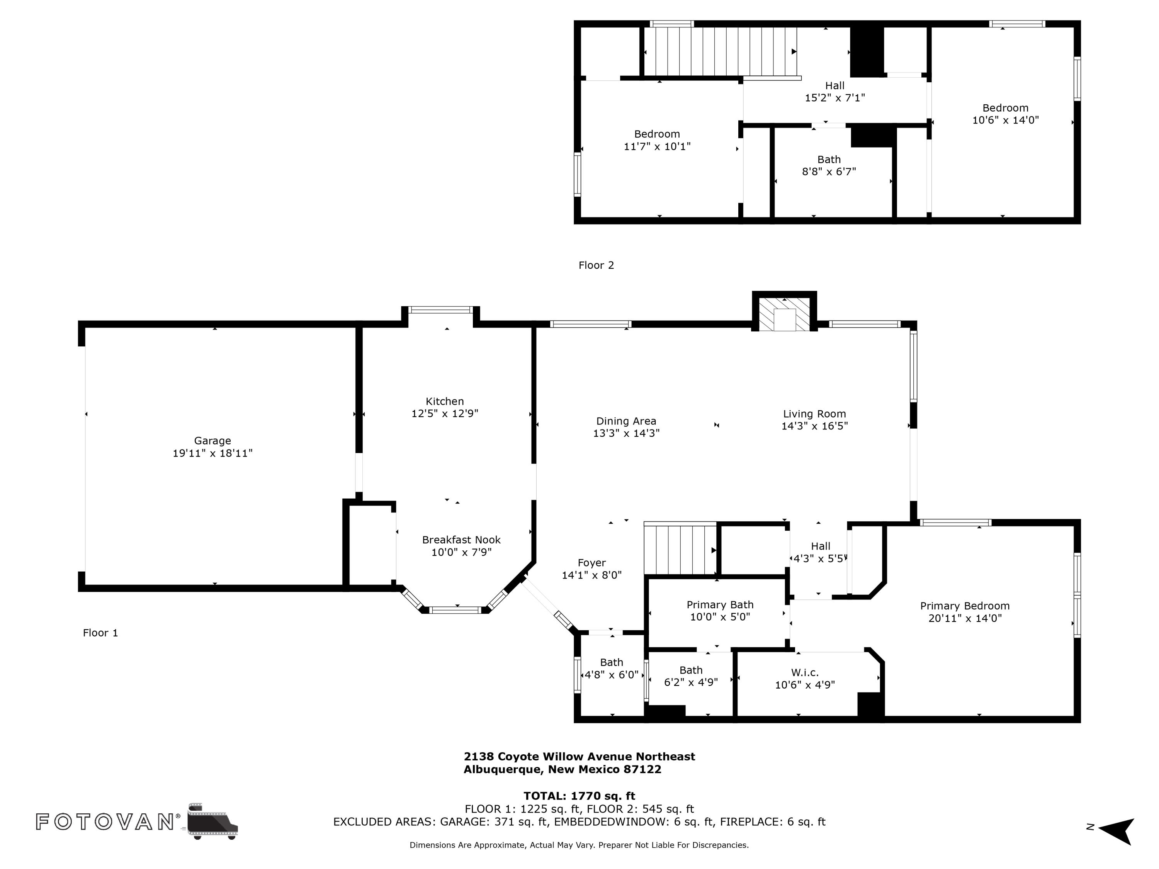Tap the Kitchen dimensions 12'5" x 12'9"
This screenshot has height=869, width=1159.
[x=444, y=414]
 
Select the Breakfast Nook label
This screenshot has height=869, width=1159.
[x=461, y=540]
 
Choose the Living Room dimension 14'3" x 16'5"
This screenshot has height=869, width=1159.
[x=814, y=426]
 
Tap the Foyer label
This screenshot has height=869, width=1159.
[x=591, y=563]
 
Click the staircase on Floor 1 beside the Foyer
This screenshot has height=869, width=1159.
[x=680, y=550]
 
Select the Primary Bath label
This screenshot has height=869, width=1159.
[x=720, y=605]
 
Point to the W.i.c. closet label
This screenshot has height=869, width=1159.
[x=804, y=672]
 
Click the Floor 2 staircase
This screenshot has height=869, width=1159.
[x=721, y=51]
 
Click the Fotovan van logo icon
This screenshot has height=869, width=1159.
[x=212, y=821]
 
